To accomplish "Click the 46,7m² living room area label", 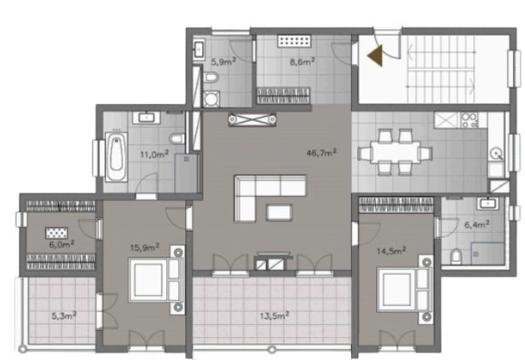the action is [x=321, y=153].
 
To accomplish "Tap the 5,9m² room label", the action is [x=223, y=61].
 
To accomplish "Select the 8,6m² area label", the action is [x=302, y=61].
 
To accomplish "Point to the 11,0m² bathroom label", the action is [x=154, y=154].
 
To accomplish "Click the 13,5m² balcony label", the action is [x=274, y=316].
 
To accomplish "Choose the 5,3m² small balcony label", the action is [x=64, y=316].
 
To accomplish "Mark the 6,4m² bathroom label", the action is [x=477, y=224].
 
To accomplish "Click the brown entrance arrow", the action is [x=377, y=55].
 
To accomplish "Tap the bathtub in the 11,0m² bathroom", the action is [x=116, y=157].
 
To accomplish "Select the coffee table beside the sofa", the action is [x=279, y=212].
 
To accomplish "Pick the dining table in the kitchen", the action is [x=395, y=152].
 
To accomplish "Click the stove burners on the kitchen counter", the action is [x=470, y=120].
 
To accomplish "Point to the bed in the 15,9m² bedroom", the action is [x=156, y=280].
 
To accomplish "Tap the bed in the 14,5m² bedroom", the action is [x=405, y=289].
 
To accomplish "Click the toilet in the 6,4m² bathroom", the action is [x=456, y=257].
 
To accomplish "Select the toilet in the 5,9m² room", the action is [x=211, y=78].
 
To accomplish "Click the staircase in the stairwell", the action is [x=441, y=69].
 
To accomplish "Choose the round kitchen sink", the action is [x=496, y=154].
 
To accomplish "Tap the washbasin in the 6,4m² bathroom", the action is [x=488, y=203].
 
